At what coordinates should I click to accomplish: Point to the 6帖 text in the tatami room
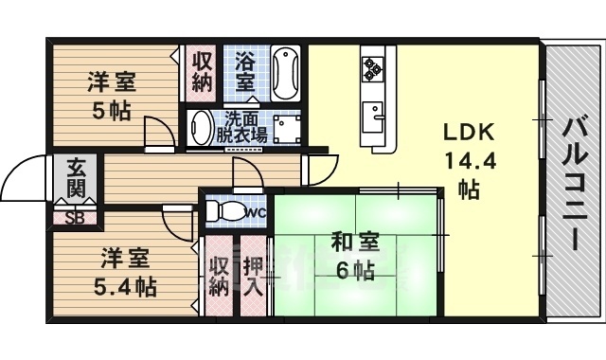click(x=355, y=270)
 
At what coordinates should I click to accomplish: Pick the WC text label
click(x=256, y=212)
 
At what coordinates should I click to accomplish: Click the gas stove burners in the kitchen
click(x=370, y=67)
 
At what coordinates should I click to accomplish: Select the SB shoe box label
click(x=73, y=216)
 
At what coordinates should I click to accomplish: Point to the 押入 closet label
click(x=253, y=276)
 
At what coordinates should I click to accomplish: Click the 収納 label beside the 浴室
click(x=202, y=72)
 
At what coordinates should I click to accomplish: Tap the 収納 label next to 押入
click(x=219, y=276)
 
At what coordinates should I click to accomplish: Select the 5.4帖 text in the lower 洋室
click(x=125, y=284)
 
